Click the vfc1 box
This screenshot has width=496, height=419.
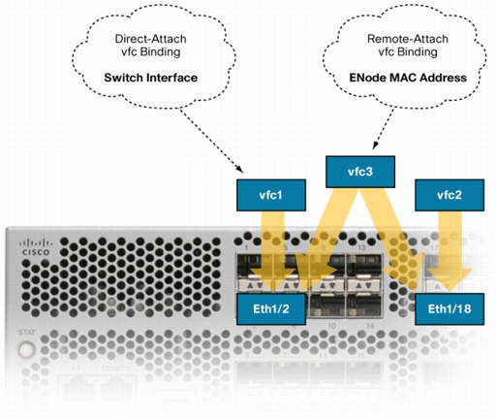[x=271, y=195]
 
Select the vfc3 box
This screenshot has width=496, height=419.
[x=360, y=172]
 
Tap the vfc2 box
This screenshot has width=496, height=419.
[x=449, y=195]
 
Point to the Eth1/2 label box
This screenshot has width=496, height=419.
[x=271, y=309]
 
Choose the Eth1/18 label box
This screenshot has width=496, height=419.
[x=449, y=309]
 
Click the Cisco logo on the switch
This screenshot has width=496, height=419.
[x=36, y=247]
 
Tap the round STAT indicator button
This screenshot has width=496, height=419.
[x=26, y=350]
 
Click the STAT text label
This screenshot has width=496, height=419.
[x=26, y=333]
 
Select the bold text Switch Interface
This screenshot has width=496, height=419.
[x=151, y=78]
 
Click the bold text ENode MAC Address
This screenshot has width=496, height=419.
[x=408, y=78]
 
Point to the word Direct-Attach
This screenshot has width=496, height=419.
[x=151, y=39]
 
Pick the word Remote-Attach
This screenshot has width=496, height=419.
[x=408, y=39]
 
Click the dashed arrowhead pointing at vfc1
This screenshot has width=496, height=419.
[x=239, y=169]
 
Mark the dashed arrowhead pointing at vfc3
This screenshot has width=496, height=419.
[x=375, y=145]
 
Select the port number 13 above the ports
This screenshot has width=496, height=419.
[x=361, y=247]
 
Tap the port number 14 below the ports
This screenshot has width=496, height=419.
[x=370, y=326]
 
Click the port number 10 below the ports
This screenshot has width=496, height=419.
[x=331, y=326]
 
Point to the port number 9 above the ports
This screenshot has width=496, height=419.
[x=324, y=247]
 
